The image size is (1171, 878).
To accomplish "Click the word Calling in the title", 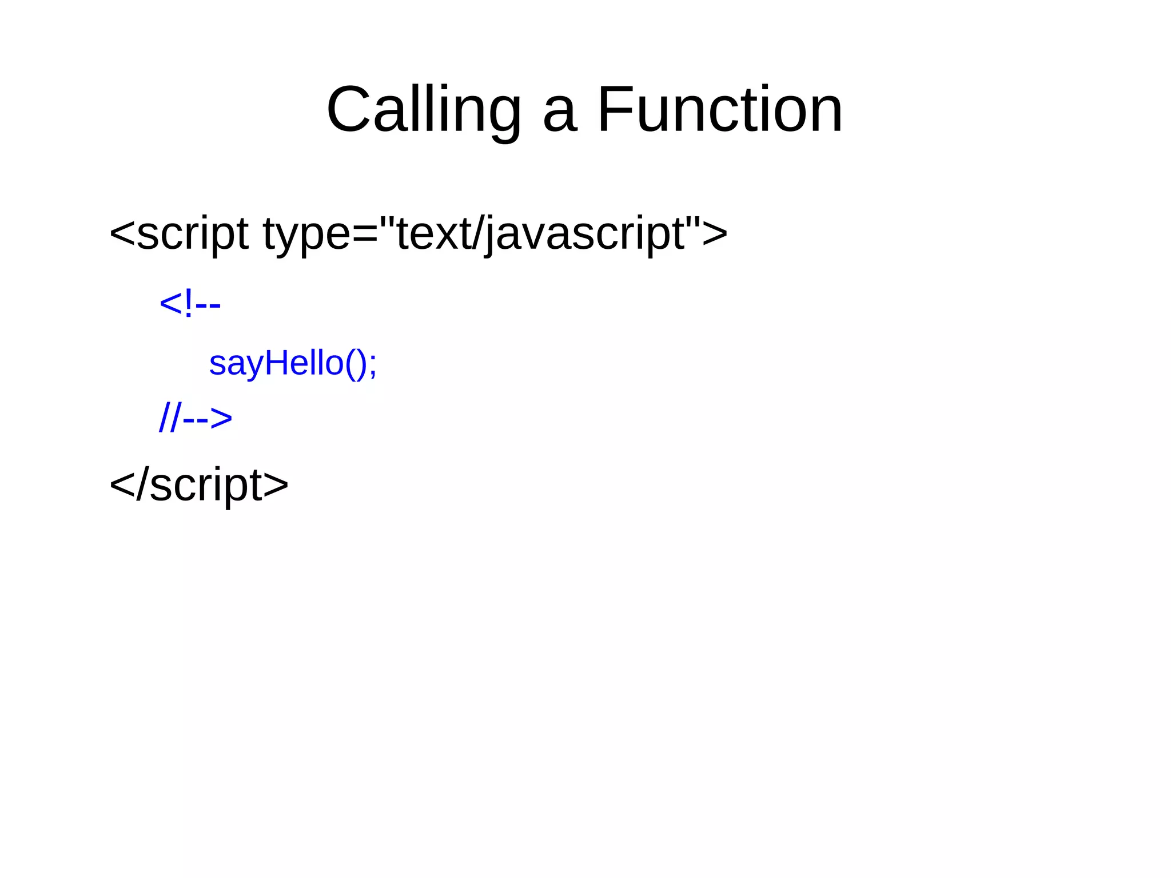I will click(424, 109).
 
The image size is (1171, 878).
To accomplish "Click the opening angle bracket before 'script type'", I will click(121, 233).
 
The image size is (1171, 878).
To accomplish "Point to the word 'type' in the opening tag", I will click(305, 235).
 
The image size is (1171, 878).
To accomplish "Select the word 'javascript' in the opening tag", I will click(584, 235).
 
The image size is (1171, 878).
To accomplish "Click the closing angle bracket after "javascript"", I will click(715, 233).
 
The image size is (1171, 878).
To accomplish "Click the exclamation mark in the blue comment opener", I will click(189, 304).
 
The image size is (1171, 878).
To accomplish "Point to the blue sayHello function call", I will click(293, 363).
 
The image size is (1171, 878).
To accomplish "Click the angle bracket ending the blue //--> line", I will click(221, 418).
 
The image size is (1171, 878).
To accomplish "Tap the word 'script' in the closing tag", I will click(206, 486).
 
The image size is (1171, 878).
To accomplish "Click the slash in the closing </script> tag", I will click(142, 485).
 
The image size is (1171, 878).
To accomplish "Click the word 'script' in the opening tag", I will click(192, 235).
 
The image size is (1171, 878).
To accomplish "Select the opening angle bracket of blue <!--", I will click(170, 304).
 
